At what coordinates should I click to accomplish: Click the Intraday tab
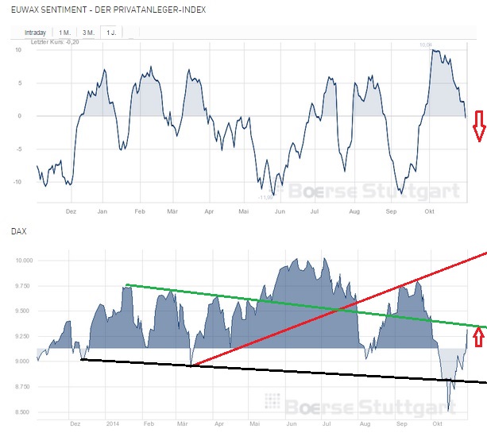[36, 32]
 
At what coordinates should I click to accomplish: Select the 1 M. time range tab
[64, 32]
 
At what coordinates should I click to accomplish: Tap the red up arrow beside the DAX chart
[478, 338]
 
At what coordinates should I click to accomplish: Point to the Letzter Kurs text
[48, 41]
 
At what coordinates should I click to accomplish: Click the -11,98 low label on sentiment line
[265, 197]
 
